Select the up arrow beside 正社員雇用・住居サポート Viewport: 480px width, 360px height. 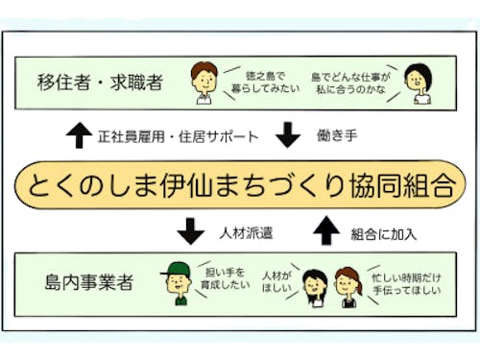tap(79, 136)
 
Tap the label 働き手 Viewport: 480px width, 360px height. tap(338, 136)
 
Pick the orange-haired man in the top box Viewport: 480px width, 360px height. tap(204, 81)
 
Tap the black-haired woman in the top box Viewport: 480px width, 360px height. tap(416, 84)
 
